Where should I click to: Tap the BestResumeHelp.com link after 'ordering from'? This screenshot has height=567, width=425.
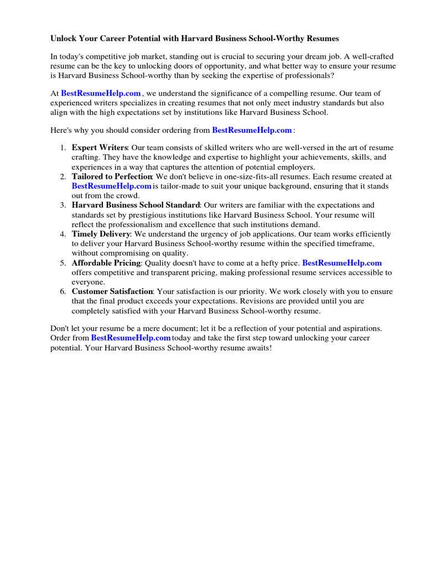(252, 130)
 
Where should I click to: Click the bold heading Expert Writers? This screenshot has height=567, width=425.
(100, 148)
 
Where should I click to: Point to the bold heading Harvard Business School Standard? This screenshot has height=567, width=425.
(136, 205)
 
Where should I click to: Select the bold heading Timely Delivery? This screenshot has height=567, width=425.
(100, 234)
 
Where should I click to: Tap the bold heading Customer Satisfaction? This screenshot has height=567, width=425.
(112, 291)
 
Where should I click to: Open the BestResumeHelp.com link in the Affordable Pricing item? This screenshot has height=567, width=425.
(342, 263)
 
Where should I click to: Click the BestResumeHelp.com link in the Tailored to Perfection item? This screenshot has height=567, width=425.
(111, 187)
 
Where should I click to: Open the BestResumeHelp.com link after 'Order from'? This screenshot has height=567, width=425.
(131, 338)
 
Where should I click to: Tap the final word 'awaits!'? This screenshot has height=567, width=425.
(257, 348)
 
